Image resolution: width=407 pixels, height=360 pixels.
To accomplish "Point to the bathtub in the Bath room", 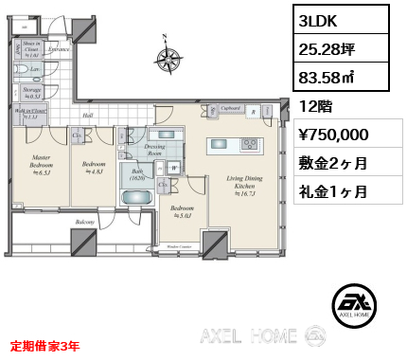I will [138, 198].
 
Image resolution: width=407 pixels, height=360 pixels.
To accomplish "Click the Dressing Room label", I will [155, 149].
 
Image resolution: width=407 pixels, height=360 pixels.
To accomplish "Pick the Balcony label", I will [84, 223].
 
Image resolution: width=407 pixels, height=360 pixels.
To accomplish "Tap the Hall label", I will [86, 117].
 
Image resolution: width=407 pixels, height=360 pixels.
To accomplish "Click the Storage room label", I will [32, 92].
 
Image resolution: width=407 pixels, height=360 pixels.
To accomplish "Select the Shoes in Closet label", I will [32, 47].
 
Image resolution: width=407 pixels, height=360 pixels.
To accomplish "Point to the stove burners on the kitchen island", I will [250, 144].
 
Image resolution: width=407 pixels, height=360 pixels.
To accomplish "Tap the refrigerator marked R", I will [255, 112].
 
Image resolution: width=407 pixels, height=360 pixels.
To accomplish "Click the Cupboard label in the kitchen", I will [232, 108].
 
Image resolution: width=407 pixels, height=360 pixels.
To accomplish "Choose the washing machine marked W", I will [176, 168].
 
